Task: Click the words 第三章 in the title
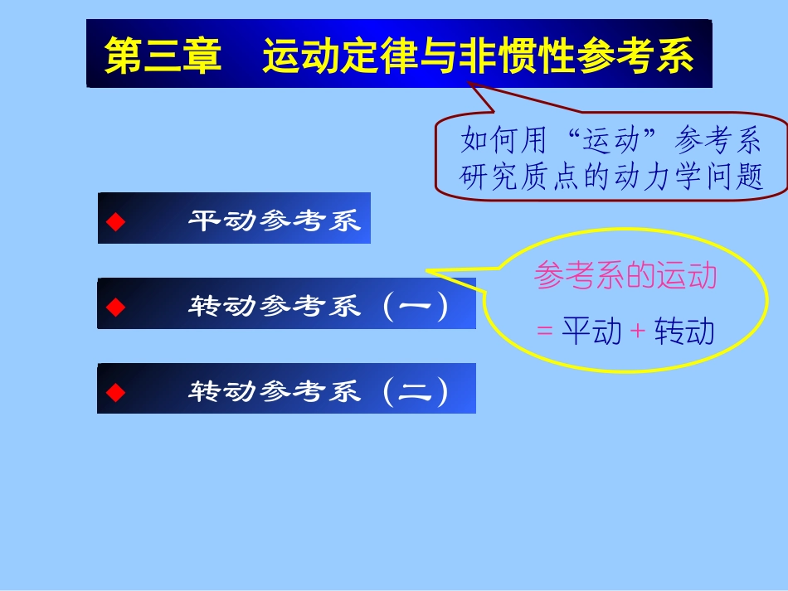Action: coord(163,56)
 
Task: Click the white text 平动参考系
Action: coord(275,221)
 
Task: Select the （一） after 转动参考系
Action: coord(416,307)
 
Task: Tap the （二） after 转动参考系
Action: coord(416,391)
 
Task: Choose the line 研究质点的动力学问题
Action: coord(611,177)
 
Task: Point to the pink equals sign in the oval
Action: coord(544,332)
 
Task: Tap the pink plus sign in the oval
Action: coord(637,332)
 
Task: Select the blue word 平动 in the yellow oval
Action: coord(591,332)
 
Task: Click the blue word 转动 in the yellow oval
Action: coord(684,332)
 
